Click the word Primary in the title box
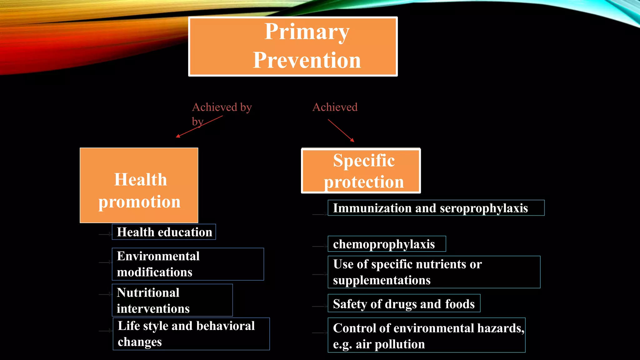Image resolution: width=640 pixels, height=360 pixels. (x=307, y=32)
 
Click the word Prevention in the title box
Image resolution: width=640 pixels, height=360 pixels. (x=307, y=60)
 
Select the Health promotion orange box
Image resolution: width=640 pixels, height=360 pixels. (x=139, y=185)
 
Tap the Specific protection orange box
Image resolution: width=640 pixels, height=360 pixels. (x=361, y=171)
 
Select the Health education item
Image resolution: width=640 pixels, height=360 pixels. (x=164, y=232)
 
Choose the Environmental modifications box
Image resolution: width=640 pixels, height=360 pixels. (x=188, y=264)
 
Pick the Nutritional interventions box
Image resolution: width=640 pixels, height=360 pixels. (x=172, y=300)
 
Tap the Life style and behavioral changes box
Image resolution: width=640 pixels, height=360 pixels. (x=191, y=334)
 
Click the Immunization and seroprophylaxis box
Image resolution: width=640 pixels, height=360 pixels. (x=436, y=208)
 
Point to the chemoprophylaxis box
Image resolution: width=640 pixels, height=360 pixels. (x=387, y=244)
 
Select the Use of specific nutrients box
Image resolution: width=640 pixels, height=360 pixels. (x=434, y=272)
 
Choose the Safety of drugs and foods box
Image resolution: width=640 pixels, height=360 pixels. (x=404, y=304)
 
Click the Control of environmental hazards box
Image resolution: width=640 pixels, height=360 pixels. (x=427, y=335)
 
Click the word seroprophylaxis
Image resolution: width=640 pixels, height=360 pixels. (x=484, y=208)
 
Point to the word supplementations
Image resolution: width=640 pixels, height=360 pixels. (x=382, y=280)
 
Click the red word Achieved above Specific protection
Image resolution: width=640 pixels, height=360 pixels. (x=335, y=107)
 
